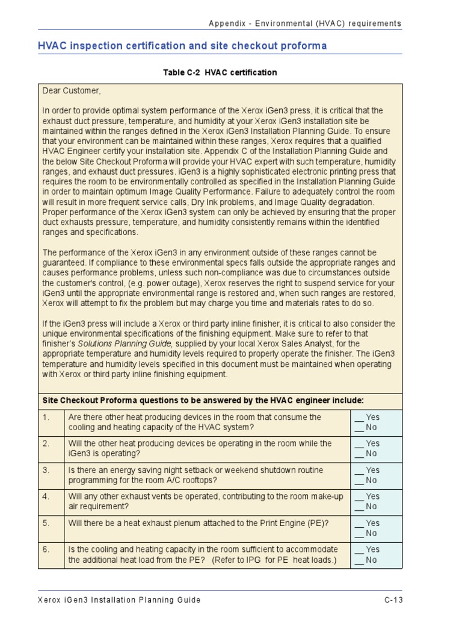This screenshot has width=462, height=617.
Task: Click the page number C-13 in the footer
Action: click(x=393, y=600)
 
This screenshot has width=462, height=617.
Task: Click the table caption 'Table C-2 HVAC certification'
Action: click(x=220, y=72)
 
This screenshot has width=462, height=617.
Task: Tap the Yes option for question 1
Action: click(x=368, y=417)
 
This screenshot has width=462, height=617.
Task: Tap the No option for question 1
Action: click(x=366, y=427)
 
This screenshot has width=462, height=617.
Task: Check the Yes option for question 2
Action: click(x=368, y=443)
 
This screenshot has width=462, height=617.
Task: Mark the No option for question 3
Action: click(x=366, y=480)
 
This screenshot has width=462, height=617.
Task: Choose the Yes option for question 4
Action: click(x=368, y=496)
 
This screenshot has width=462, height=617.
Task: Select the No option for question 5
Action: click(x=366, y=533)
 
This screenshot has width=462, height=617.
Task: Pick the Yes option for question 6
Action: click(x=368, y=550)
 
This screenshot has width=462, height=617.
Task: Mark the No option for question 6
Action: click(x=366, y=560)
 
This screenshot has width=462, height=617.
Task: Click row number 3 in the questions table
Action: click(x=46, y=470)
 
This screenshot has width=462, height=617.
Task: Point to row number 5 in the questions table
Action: click(x=46, y=523)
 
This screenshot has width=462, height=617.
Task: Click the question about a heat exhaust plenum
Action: click(x=199, y=523)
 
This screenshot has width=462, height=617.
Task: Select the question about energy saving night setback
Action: click(x=196, y=475)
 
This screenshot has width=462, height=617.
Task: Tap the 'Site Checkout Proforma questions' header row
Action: click(x=203, y=401)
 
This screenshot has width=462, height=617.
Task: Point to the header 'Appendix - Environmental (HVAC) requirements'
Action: click(x=304, y=23)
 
